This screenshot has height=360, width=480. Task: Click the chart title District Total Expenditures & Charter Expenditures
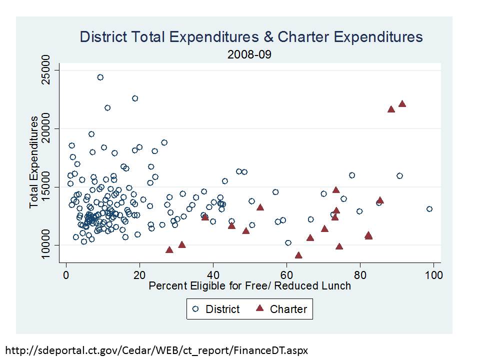click(251, 37)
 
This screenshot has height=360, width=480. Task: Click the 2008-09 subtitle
click(249, 54)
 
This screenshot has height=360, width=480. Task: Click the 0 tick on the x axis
click(66, 274)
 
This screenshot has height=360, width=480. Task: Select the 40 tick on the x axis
click(213, 274)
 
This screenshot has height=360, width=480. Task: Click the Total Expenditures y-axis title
click(34, 162)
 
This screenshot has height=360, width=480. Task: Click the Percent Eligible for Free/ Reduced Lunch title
click(249, 286)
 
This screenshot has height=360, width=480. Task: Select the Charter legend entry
click(282, 309)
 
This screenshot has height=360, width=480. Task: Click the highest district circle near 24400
click(100, 77)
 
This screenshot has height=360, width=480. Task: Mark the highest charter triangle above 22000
click(402, 103)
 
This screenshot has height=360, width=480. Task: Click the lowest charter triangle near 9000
click(298, 255)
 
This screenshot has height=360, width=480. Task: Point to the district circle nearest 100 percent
click(429, 209)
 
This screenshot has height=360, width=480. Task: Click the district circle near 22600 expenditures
click(135, 98)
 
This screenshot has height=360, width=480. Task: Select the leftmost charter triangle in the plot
click(169, 249)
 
